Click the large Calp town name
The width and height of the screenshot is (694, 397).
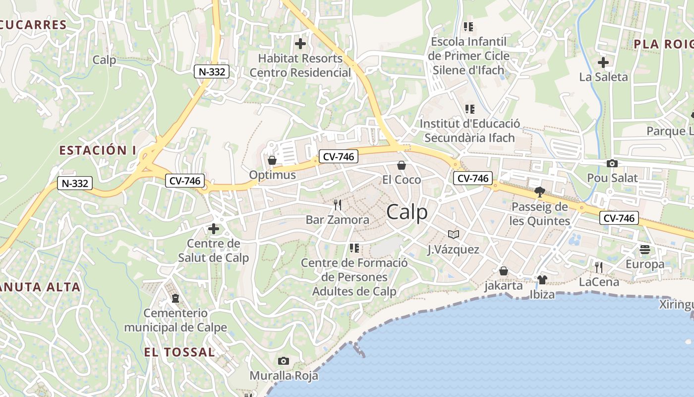pyautogui.click(x=406, y=212)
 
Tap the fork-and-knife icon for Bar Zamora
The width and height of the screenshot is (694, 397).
pyautogui.click(x=338, y=205)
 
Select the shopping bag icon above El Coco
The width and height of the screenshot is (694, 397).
pyautogui.click(x=402, y=165)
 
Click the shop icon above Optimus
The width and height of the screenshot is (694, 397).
pyautogui.click(x=272, y=160)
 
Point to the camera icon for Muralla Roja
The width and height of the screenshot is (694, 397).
pyautogui.click(x=284, y=361)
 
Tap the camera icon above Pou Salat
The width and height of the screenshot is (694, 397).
pyautogui.click(x=612, y=163)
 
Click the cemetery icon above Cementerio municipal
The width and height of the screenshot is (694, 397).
pyautogui.click(x=175, y=298)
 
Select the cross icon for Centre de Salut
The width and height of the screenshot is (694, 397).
pyautogui.click(x=214, y=229)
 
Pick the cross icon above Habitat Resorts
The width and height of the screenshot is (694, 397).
pyautogui.click(x=300, y=44)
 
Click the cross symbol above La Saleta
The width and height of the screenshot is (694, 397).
pyautogui.click(x=603, y=63)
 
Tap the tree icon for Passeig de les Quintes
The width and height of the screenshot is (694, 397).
pyautogui.click(x=540, y=192)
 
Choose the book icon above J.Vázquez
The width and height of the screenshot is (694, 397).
pyautogui.click(x=454, y=234)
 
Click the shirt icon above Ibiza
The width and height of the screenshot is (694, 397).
pyautogui.click(x=542, y=280)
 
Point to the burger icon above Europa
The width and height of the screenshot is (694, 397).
pyautogui.click(x=644, y=250)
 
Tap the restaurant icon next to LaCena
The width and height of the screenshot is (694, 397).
pyautogui.click(x=599, y=267)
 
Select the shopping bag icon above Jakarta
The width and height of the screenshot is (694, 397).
pyautogui.click(x=504, y=271)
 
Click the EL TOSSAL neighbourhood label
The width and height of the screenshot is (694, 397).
pyautogui.click(x=180, y=352)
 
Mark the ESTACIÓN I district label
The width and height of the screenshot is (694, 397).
pyautogui.click(x=97, y=150)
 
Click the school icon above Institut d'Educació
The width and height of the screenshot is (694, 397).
pyautogui.click(x=469, y=109)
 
